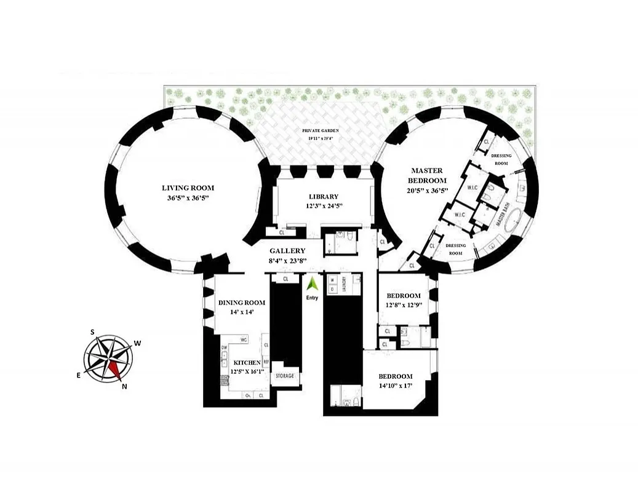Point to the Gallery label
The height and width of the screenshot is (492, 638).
pos(288,251)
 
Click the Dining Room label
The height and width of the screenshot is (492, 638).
pos(242,303)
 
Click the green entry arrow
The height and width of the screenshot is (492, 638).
pos(313,284)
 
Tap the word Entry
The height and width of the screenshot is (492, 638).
pos(313,299)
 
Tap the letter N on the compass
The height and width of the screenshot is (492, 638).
pos(125,386)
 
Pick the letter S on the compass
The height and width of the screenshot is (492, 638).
pos(93,332)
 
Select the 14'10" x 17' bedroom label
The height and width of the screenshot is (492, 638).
pos(395,376)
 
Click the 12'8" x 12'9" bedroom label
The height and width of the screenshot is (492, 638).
pos(403,296)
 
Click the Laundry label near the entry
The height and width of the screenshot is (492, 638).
pos(346,284)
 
